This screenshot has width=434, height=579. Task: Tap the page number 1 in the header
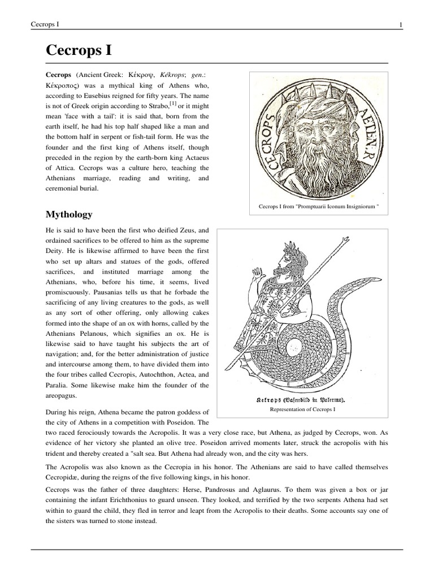click(x=400, y=24)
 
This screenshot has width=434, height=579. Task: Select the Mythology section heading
click(x=69, y=215)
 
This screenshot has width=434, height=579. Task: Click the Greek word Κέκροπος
click(x=64, y=85)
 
